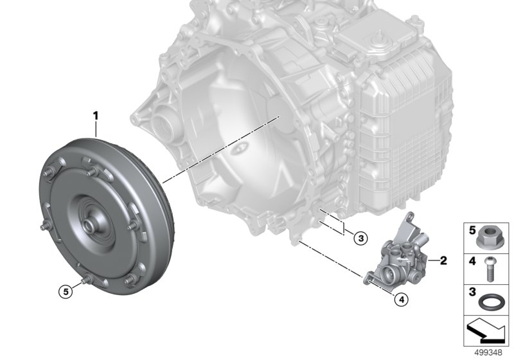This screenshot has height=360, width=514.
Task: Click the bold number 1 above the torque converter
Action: (x=95, y=116)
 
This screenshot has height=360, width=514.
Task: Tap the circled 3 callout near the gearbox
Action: (x=361, y=239)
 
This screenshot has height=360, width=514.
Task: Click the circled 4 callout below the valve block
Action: (x=402, y=299)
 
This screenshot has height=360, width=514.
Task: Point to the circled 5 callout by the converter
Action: (x=66, y=291)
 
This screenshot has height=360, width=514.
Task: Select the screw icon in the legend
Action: (x=490, y=269)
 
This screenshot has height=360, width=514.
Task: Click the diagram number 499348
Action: (x=488, y=352)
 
